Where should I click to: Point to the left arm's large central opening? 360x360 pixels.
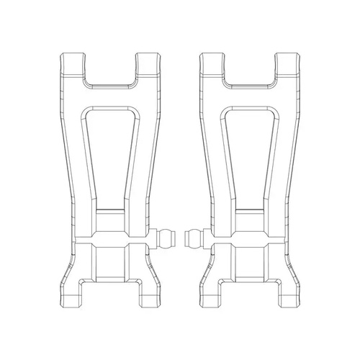point(109,151)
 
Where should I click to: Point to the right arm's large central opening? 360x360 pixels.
point(249,151)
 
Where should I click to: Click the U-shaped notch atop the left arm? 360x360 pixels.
point(109,68)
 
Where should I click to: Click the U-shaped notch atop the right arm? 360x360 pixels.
point(249,68)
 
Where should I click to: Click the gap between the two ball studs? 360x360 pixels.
point(179,239)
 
